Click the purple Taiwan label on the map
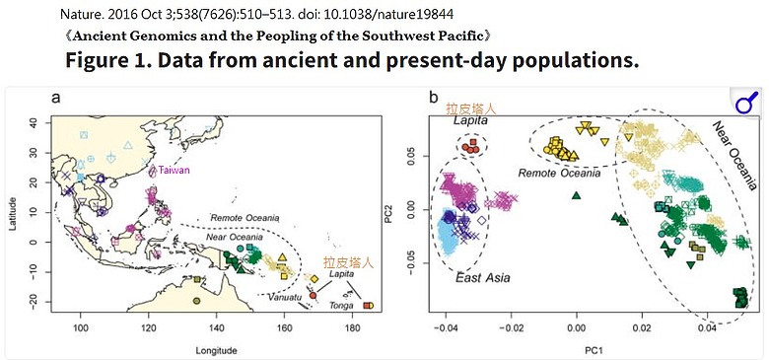(x=174, y=171)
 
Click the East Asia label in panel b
(x=482, y=278)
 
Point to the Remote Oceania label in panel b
(x=560, y=174)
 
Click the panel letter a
(x=56, y=98)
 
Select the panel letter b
(x=434, y=97)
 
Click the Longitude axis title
(x=216, y=351)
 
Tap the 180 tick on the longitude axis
(x=352, y=325)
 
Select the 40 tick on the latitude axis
(x=35, y=122)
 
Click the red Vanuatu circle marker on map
(x=313, y=296)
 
